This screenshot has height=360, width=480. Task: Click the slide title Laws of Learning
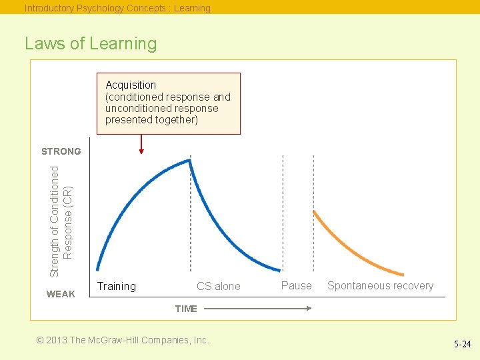pos(91,44)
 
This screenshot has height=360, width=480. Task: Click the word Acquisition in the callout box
pos(131,85)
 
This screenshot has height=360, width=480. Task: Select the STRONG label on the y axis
pos(61,151)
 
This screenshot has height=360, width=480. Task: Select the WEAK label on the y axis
pos(61,294)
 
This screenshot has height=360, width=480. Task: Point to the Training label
pos(117,286)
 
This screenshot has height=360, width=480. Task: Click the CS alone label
pos(218,286)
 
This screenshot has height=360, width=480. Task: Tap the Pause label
pos(296,285)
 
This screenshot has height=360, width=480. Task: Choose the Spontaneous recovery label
pos(380,285)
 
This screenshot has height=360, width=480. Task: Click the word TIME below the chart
pos(186,309)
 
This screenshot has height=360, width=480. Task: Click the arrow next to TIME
pos(257,308)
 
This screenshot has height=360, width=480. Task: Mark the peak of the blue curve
pos(190,160)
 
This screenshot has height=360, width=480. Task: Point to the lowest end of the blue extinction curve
pos(279,270)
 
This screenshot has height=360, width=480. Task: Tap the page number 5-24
pos(461,345)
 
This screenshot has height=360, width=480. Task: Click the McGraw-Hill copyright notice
pos(123,340)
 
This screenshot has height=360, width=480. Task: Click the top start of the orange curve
pos(314,212)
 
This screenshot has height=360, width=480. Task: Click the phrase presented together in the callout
pos(152,120)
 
